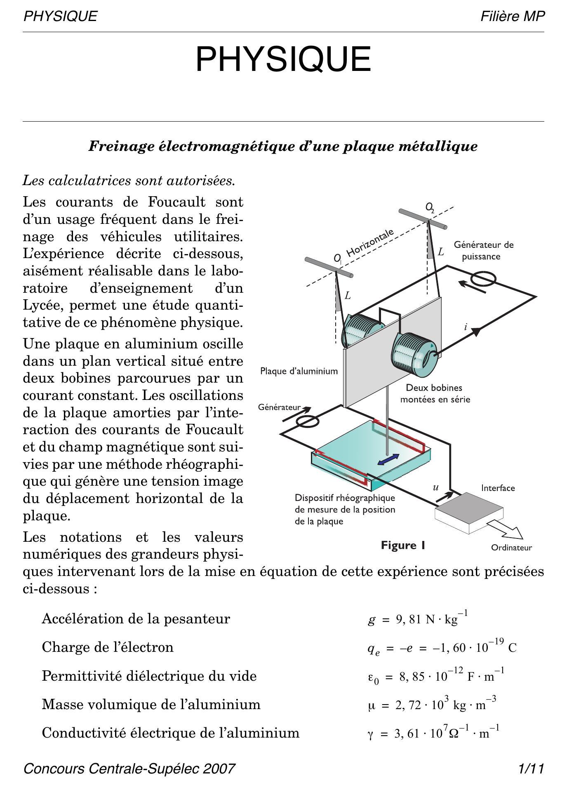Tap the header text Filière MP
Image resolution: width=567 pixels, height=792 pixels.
click(512, 16)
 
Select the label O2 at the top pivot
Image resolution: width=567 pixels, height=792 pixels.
click(430, 207)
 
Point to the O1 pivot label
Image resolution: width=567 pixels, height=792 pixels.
click(338, 259)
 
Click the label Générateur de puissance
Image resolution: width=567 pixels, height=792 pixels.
click(483, 251)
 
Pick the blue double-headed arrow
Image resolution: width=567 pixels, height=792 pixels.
click(388, 459)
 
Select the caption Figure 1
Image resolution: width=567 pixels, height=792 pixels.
click(403, 545)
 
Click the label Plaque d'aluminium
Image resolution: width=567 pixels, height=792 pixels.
click(299, 371)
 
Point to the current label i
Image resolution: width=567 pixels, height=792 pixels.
click(466, 327)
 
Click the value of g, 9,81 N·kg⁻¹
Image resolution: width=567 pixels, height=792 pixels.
click(418, 619)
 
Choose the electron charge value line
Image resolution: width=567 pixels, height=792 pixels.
click(442, 648)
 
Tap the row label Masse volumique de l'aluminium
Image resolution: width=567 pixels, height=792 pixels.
click(151, 704)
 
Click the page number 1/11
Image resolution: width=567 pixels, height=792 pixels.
click(532, 768)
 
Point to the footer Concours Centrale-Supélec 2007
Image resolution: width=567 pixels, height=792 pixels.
click(129, 768)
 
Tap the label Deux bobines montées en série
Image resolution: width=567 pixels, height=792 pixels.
click(435, 393)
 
